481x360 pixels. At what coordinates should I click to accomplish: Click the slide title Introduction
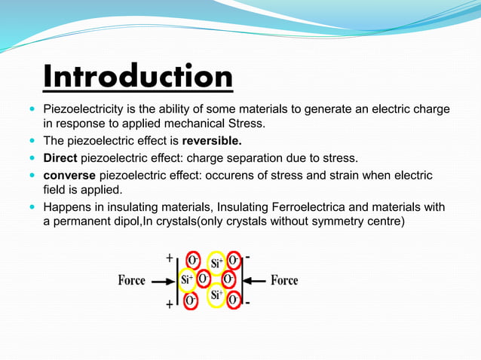[x=137, y=78]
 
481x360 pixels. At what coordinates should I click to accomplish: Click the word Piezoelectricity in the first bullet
[x=84, y=110]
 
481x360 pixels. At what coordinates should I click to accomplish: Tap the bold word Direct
[x=60, y=158]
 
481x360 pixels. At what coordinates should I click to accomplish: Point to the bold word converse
[x=69, y=175]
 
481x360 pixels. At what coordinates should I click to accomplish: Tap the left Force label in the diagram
[x=132, y=281]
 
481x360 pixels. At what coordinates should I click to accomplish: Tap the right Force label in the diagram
[x=284, y=280]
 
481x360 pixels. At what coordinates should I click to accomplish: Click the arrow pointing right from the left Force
[x=162, y=281]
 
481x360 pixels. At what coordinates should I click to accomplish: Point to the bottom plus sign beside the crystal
[x=169, y=305]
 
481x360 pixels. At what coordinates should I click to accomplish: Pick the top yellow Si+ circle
[x=216, y=264]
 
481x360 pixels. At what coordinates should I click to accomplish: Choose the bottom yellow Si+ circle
[x=216, y=295]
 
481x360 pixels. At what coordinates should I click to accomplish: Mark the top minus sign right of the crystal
[x=248, y=257]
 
